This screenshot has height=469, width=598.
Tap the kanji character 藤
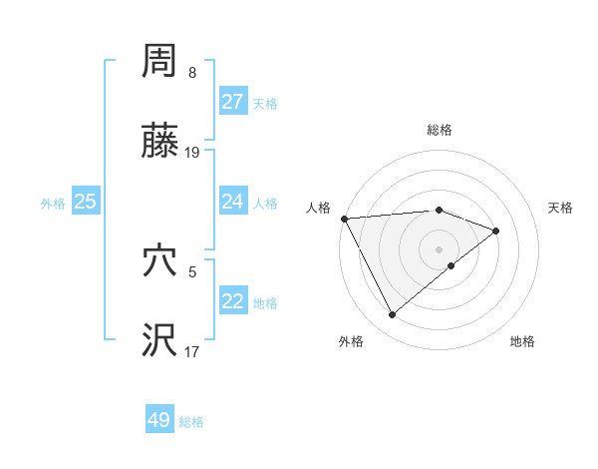pyautogui.click(x=159, y=144)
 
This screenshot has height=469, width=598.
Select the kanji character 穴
pyautogui.click(x=159, y=261)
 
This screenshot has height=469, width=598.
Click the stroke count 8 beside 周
pyautogui.click(x=192, y=73)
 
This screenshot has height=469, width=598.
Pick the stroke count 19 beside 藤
pyautogui.click(x=192, y=153)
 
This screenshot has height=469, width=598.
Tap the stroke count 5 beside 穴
pyautogui.click(x=192, y=269)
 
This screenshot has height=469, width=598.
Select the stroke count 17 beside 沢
pyautogui.click(x=192, y=350)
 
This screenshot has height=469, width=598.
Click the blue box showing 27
pyautogui.click(x=233, y=102)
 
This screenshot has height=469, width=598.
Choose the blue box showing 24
pyautogui.click(x=233, y=202)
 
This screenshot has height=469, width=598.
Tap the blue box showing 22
pyautogui.click(x=233, y=301)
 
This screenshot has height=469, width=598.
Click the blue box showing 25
pyautogui.click(x=86, y=202)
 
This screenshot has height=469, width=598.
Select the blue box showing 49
pyautogui.click(x=159, y=420)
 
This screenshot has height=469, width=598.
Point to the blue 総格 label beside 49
pyautogui.click(x=191, y=422)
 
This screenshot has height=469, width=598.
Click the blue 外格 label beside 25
pyautogui.click(x=53, y=204)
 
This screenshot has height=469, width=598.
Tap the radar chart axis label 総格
pyautogui.click(x=440, y=130)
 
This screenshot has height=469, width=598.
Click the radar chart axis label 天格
pyautogui.click(x=561, y=208)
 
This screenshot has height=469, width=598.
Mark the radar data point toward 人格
pyautogui.click(x=344, y=219)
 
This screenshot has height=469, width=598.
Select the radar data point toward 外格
pyautogui.click(x=392, y=315)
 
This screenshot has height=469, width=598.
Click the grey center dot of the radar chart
pyautogui.click(x=440, y=248)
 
